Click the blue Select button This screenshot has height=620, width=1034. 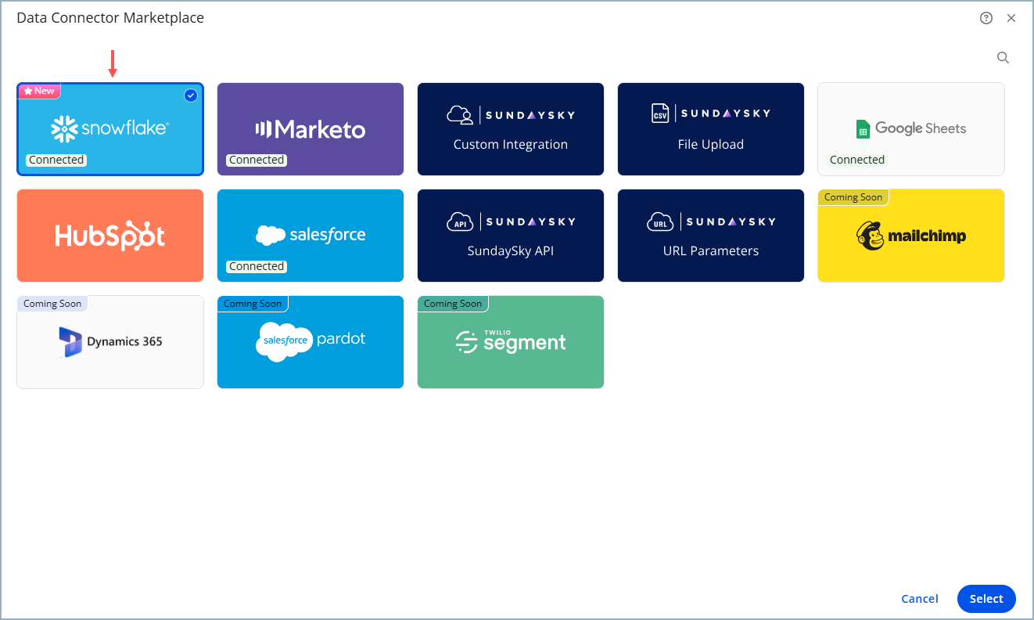click(x=986, y=599)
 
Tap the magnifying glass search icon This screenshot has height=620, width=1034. click(x=1003, y=57)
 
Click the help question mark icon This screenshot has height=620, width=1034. click(x=986, y=18)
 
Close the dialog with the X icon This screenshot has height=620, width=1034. click(x=1011, y=18)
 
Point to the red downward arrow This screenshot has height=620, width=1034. click(x=113, y=64)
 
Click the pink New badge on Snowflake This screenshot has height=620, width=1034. click(x=39, y=91)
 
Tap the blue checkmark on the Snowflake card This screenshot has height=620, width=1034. click(x=191, y=96)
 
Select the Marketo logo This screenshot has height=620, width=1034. click(x=311, y=129)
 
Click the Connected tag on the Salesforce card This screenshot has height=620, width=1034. click(x=257, y=266)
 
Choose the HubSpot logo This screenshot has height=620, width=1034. click(x=110, y=236)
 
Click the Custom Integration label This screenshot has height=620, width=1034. click(x=511, y=144)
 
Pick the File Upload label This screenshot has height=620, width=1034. click(x=711, y=144)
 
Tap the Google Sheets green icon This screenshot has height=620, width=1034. click(x=863, y=129)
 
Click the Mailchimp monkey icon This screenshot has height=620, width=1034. click(x=871, y=236)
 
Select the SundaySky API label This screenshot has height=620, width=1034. click(x=511, y=251)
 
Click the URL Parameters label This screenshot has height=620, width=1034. click(x=711, y=251)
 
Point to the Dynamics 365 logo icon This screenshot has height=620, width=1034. click(x=70, y=342)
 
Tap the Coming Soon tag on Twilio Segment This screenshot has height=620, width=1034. click(x=453, y=304)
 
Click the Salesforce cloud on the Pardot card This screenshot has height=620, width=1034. click(x=284, y=341)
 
